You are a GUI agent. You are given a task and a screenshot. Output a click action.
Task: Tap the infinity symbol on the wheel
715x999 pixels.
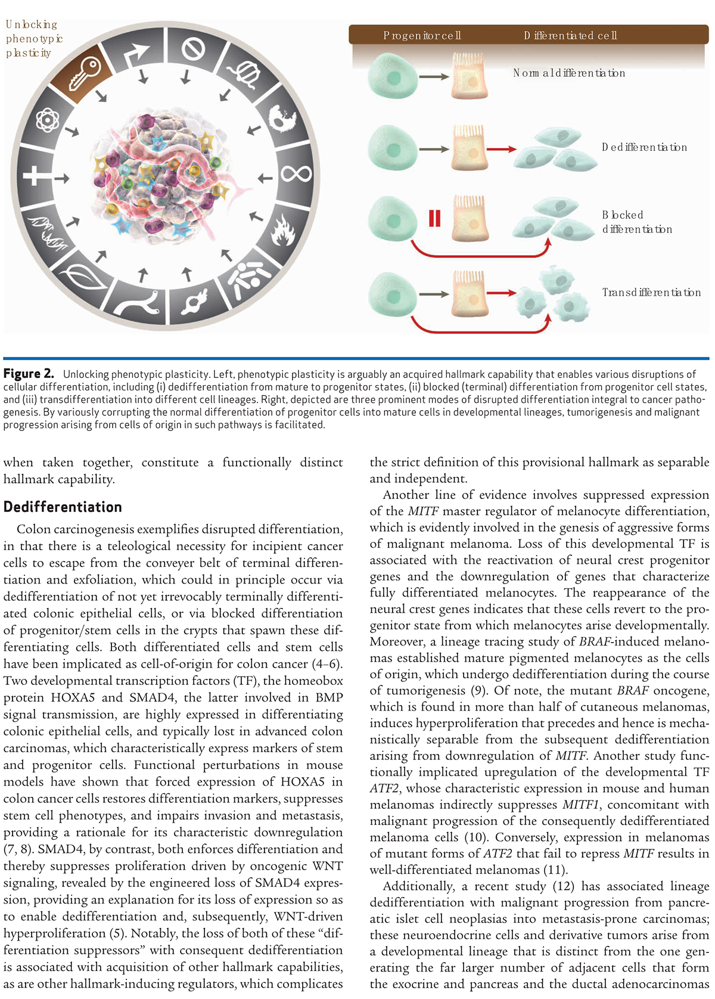[297, 174]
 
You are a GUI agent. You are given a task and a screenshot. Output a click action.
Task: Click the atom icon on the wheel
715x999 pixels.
[47, 120]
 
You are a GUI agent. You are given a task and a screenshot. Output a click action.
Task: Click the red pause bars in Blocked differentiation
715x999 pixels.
[434, 219]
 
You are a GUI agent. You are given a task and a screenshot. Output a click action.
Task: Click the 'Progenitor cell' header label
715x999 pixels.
[422, 36]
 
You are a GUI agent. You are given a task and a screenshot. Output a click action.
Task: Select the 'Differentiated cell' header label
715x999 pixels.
[570, 36]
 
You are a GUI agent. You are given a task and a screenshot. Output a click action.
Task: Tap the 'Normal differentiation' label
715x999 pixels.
[569, 73]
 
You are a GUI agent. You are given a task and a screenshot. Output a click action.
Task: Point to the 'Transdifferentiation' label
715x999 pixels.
[651, 293]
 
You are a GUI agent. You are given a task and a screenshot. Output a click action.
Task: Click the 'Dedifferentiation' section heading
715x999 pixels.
[63, 507]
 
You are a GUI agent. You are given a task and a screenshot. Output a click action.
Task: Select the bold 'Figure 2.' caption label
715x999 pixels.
[29, 374]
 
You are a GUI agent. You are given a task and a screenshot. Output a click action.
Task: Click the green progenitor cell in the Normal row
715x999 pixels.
[393, 77]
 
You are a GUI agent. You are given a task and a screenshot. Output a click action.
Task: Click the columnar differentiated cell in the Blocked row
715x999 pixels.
[470, 219]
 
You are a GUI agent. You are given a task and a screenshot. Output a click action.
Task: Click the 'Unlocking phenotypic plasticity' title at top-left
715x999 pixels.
[34, 39]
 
